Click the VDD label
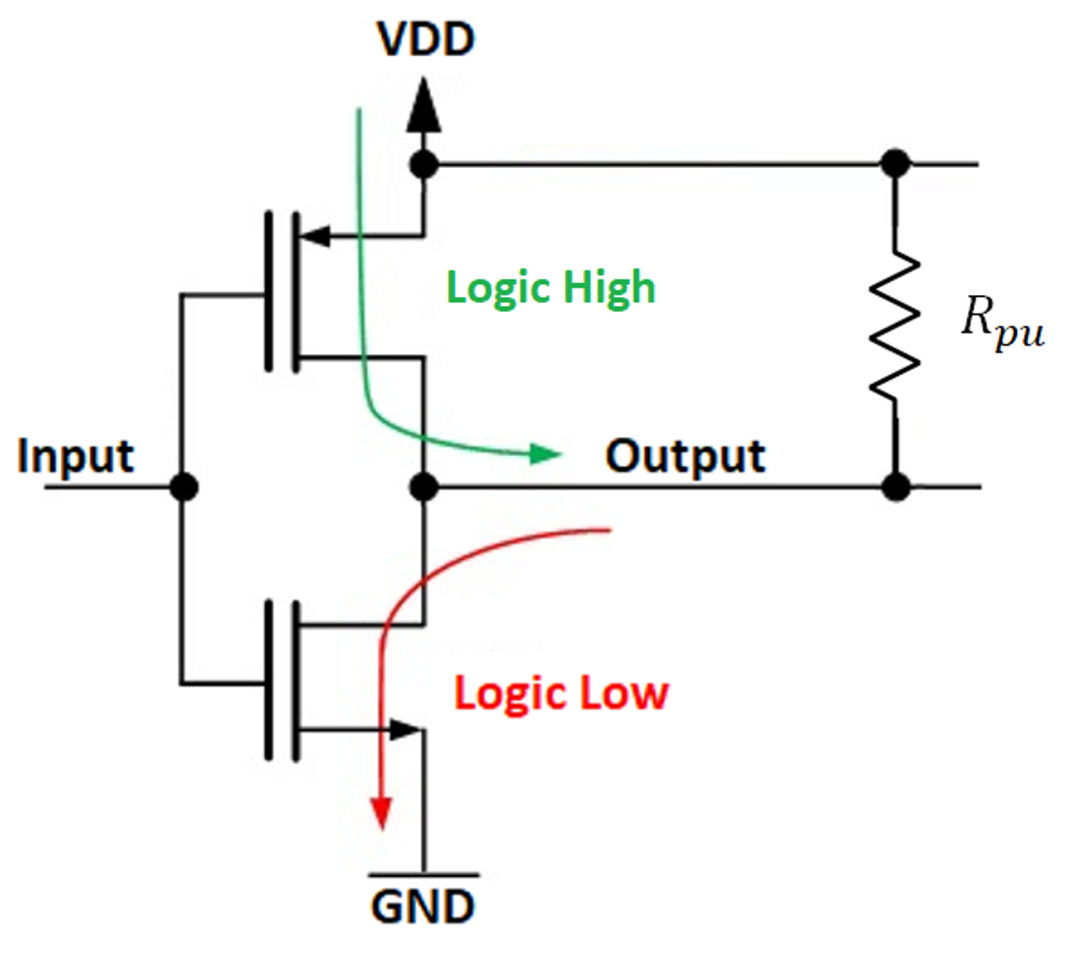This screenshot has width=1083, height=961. coord(425,39)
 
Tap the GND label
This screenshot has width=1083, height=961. coord(423,904)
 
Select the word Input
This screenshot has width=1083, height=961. coord(76,457)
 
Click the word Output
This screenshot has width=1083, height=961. coord(686,456)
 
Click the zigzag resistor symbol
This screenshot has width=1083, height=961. coord(896,323)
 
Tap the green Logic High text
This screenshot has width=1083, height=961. coord(550,287)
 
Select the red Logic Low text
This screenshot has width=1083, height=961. coord(561,694)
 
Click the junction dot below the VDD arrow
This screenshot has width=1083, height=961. coord(424,164)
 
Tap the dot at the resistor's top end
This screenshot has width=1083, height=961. coord(896,164)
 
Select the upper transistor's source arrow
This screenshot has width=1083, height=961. coord(314,236)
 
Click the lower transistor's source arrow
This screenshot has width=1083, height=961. coord(405,730)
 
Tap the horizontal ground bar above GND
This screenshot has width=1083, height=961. coord(423,874)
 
